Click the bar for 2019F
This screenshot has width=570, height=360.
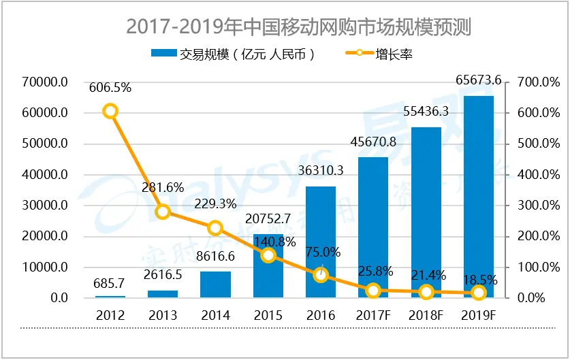click(478, 197)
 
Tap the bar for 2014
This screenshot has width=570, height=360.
click(215, 284)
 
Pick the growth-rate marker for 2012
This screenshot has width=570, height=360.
click(110, 112)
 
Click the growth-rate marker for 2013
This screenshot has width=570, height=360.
click(163, 212)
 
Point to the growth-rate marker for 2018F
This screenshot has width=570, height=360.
click(426, 292)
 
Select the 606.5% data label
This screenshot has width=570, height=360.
click(110, 87)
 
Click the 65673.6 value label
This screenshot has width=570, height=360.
click(478, 80)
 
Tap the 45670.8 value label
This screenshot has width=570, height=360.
click(373, 143)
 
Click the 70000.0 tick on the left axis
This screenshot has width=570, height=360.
click(44, 82)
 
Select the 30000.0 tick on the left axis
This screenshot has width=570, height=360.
click(44, 206)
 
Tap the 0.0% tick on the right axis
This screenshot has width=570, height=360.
click(535, 298)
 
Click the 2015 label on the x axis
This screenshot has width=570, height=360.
click(268, 316)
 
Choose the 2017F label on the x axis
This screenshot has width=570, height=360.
click(373, 316)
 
